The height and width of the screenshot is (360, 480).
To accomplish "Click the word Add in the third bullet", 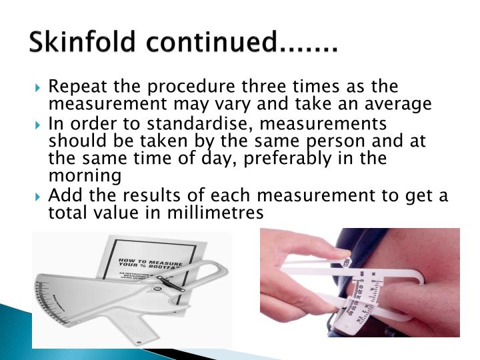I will [65, 196].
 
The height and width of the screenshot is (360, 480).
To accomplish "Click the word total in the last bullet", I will [65, 213].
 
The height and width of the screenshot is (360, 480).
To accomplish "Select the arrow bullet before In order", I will [41, 125].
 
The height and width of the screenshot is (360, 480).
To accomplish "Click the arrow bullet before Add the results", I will [41, 197].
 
